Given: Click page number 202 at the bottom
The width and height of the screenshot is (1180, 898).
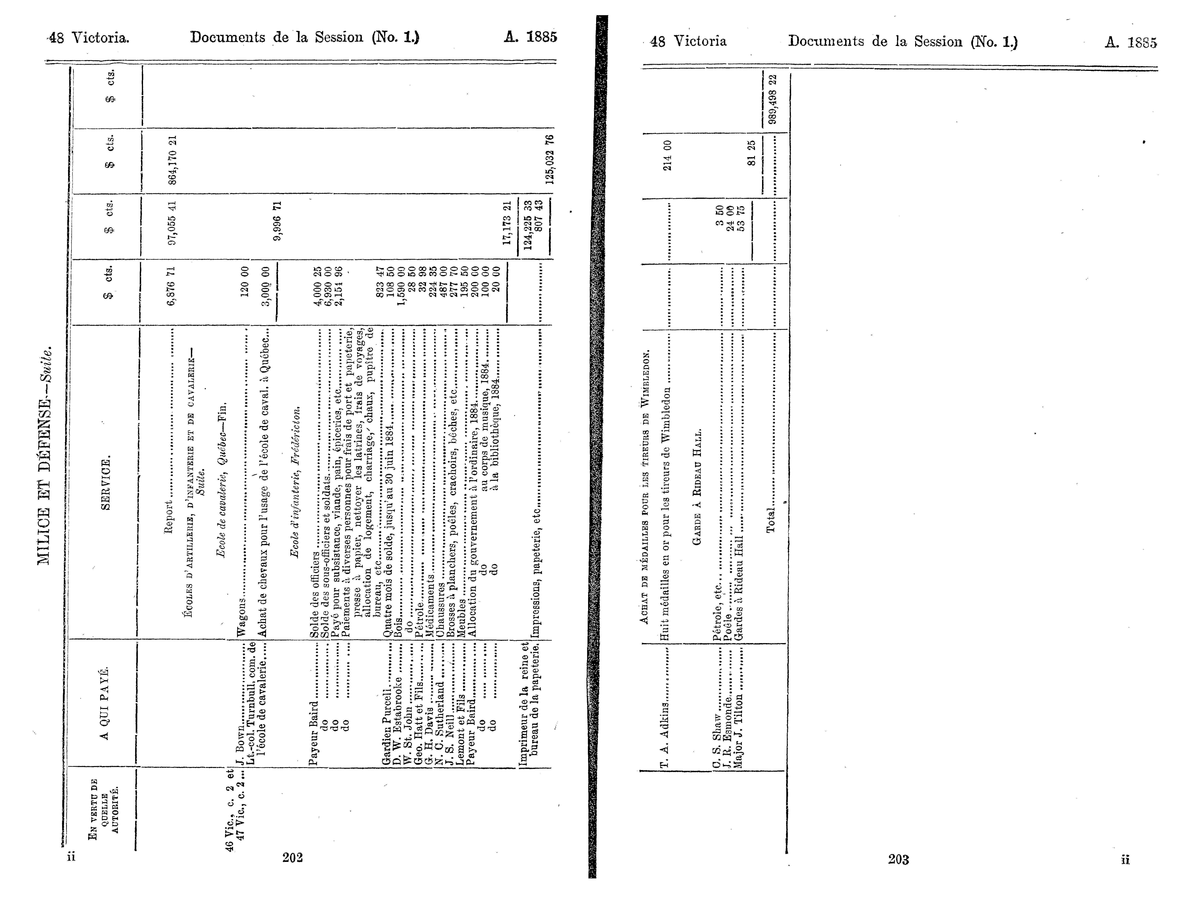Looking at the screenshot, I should [x=293, y=857].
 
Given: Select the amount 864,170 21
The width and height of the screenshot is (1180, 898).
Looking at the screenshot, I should [x=172, y=160].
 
